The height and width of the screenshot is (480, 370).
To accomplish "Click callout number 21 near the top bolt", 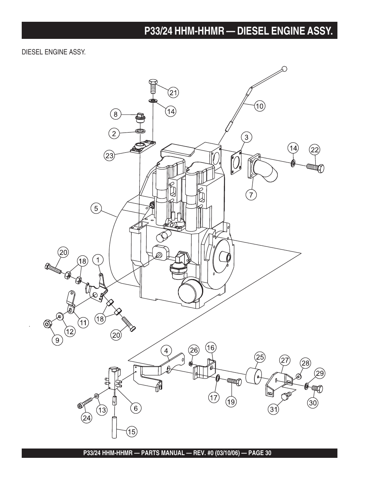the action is pyautogui.click(x=173, y=93).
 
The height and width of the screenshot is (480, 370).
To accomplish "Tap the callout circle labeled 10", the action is pyautogui.click(x=259, y=106).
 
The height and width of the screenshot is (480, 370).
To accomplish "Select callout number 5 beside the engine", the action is pyautogui.click(x=96, y=208).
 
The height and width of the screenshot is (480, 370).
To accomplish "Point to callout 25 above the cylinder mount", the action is pyautogui.click(x=260, y=357).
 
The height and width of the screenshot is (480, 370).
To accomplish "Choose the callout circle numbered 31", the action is pyautogui.click(x=274, y=409).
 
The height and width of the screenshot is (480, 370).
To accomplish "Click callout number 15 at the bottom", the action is pyautogui.click(x=131, y=431).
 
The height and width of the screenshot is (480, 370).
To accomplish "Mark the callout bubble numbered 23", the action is pyautogui.click(x=109, y=156).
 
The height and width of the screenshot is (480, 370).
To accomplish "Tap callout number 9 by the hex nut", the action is pyautogui.click(x=57, y=340).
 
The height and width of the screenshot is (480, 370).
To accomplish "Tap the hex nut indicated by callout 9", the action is pyautogui.click(x=47, y=324).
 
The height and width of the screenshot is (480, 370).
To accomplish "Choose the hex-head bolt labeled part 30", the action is pyautogui.click(x=317, y=388).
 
